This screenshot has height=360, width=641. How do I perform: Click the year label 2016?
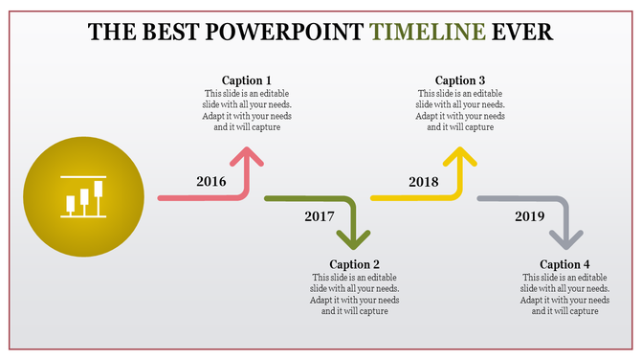pyautogui.click(x=210, y=181)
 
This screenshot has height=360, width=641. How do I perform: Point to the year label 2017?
pyautogui.click(x=320, y=216)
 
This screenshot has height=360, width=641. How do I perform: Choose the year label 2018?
pyautogui.click(x=423, y=181)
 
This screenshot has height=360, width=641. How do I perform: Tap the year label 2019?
pyautogui.click(x=529, y=216)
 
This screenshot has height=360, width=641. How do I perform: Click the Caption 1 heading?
pyautogui.click(x=247, y=80)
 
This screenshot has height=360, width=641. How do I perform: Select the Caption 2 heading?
pyautogui.click(x=355, y=264)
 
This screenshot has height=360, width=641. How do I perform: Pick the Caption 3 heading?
pyautogui.click(x=460, y=80)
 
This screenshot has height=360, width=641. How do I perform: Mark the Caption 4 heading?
pyautogui.click(x=564, y=264)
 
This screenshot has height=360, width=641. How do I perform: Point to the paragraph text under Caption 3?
pyautogui.click(x=460, y=110)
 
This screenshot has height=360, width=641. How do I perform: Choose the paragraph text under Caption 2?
pyautogui.click(x=355, y=294)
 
